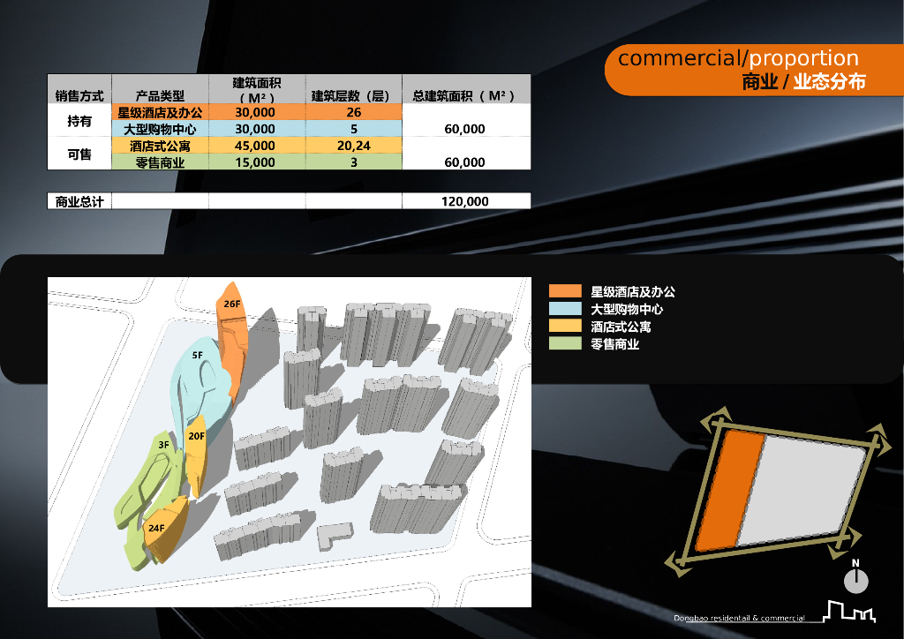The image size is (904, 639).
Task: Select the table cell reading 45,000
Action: [x=256, y=146]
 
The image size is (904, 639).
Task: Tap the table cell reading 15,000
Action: [x=256, y=162]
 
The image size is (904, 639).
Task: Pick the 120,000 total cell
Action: [x=465, y=201]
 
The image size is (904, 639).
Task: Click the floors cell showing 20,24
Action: [x=353, y=146]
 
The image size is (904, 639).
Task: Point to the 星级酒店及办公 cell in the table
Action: [x=160, y=113]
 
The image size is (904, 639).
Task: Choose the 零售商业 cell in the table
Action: [x=160, y=162]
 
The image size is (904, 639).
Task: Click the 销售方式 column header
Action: [x=79, y=95]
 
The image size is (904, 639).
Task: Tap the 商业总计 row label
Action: [x=79, y=201]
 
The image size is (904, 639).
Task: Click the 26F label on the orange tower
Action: [x=232, y=304]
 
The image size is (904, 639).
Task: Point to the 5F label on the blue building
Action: [x=199, y=355]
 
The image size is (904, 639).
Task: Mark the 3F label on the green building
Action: [x=164, y=446]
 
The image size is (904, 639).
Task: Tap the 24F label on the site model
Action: [x=156, y=528]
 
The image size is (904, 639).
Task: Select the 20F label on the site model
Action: [x=196, y=436]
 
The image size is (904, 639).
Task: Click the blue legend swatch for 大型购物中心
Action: [x=565, y=309]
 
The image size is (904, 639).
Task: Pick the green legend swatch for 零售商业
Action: [x=565, y=344]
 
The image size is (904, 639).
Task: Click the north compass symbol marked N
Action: [x=855, y=579]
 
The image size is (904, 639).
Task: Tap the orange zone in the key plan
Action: [x=731, y=491]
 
